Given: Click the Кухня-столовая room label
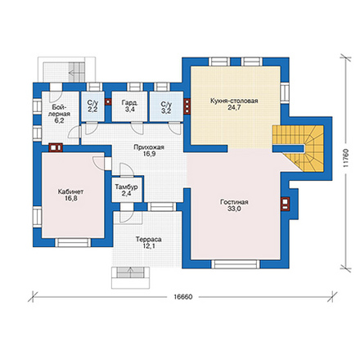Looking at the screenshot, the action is (234, 101).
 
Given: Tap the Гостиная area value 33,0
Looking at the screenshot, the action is (234, 209).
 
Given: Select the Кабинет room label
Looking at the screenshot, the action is (70, 191).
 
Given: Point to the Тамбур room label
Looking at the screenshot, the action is (126, 187).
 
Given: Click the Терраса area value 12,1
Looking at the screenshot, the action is (148, 246).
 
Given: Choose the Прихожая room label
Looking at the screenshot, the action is (149, 147).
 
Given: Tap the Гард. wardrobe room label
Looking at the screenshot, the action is (129, 103).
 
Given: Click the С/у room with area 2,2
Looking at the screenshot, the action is (92, 106).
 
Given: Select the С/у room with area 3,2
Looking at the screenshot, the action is (166, 106).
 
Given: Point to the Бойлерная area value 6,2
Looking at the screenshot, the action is (59, 120).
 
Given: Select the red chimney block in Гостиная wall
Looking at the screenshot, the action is (285, 204).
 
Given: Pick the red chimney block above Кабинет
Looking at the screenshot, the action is (56, 147).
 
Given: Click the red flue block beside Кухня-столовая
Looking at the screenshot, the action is (187, 106).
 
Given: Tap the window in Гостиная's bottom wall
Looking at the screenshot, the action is (236, 264).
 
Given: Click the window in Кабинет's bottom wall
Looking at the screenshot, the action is (73, 242).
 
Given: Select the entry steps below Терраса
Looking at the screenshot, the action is (131, 277).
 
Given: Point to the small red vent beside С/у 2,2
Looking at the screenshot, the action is (108, 101).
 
